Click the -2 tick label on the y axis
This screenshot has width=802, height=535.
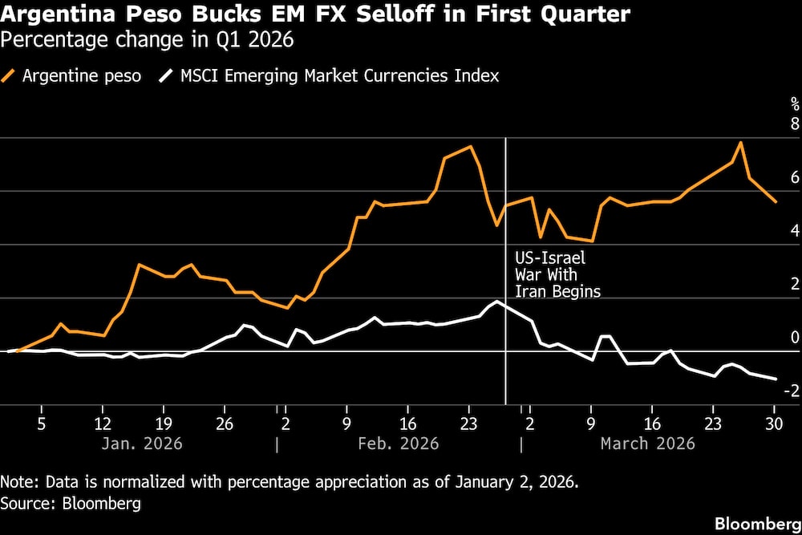[792, 391]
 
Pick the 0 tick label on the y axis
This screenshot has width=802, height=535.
[795, 338]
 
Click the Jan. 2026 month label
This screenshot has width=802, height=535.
[142, 443]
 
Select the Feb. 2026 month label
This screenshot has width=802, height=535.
[398, 443]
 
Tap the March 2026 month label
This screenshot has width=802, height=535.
[646, 443]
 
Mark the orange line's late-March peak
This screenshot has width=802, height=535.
[740, 143]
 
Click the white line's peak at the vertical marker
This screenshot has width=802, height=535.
[498, 301]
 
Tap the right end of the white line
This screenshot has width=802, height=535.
[776, 379]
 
